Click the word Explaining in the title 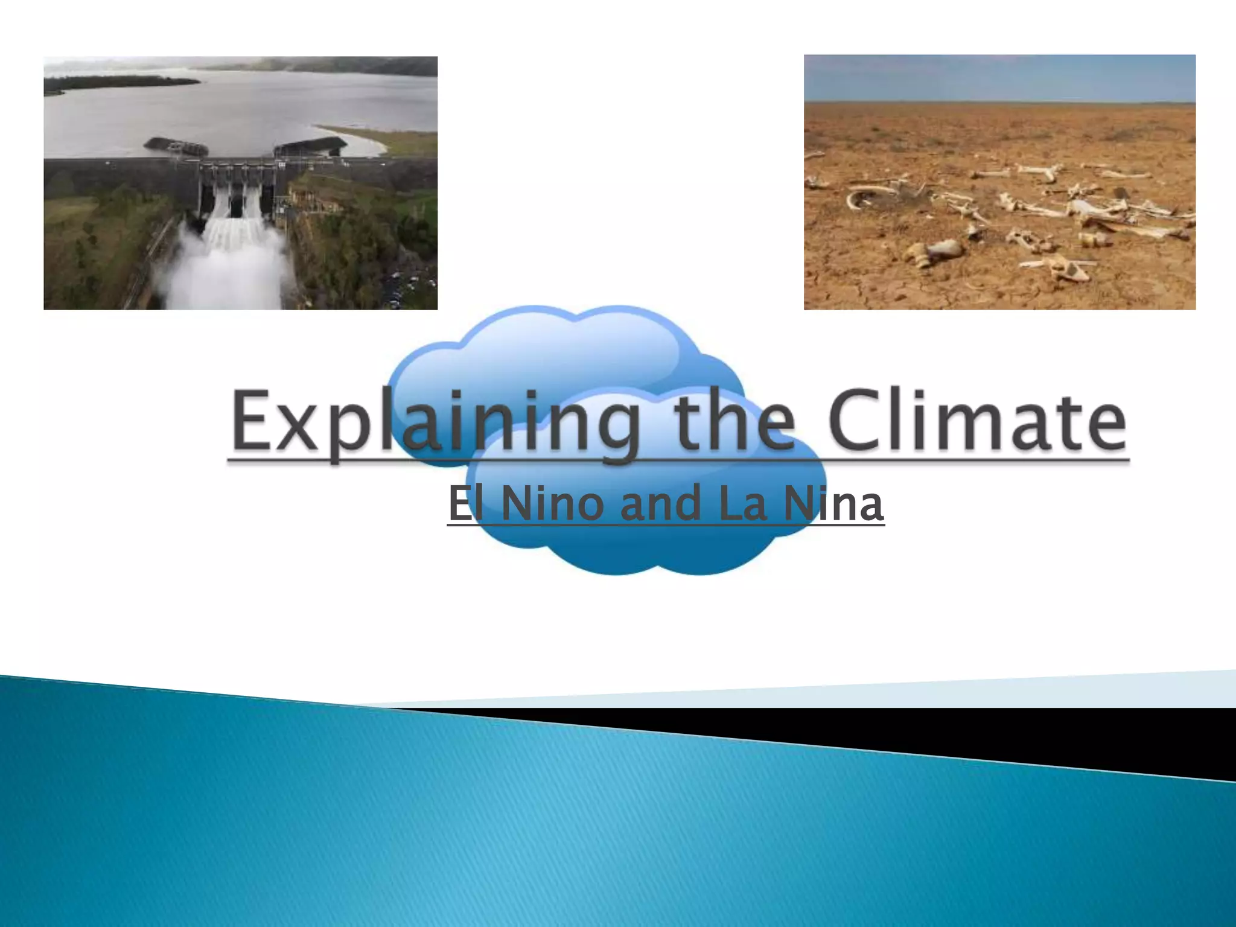[x=435, y=422]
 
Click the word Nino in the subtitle [x=552, y=504]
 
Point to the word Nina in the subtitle [x=833, y=504]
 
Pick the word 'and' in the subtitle [x=661, y=504]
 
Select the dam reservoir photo [x=240, y=183]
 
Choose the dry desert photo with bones [x=999, y=182]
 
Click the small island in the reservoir [x=121, y=82]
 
